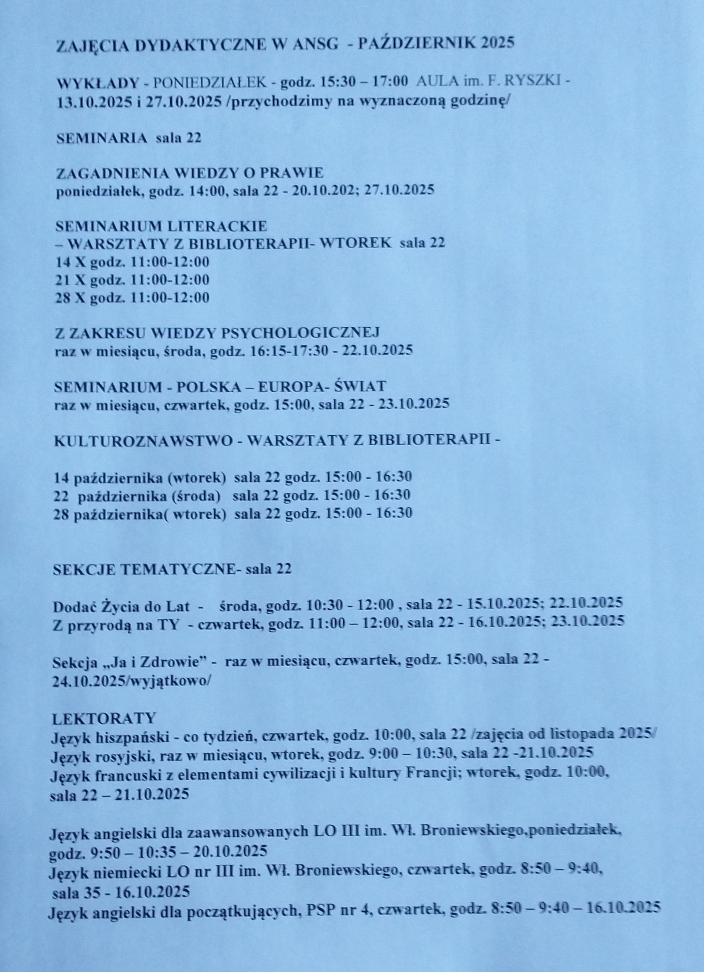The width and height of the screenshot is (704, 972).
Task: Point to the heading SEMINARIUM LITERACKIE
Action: pos(162,226)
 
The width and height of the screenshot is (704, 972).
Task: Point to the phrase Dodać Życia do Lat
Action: pos(121,606)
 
